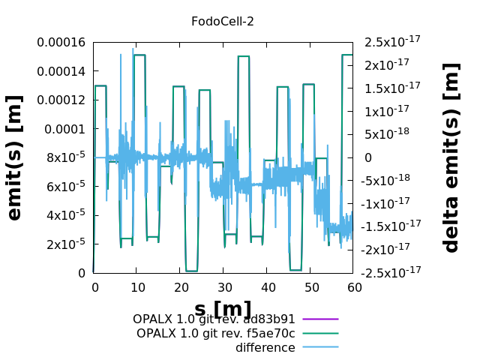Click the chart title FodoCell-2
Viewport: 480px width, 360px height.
click(x=223, y=22)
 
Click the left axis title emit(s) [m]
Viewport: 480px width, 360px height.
click(x=14, y=157)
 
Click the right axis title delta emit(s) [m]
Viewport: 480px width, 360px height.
click(x=451, y=157)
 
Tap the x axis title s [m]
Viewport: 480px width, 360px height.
click(x=223, y=308)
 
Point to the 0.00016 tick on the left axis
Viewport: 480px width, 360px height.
click(x=64, y=43)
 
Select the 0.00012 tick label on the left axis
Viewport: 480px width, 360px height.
click(x=64, y=100)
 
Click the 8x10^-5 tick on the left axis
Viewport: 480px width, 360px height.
click(x=64, y=157)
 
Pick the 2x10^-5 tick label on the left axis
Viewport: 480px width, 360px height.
click(x=64, y=244)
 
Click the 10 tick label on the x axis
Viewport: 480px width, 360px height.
click(x=137, y=287)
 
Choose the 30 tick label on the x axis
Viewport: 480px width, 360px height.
click(x=224, y=287)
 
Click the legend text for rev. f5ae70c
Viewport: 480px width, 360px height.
click(x=216, y=334)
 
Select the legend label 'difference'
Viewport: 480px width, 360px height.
click(x=265, y=348)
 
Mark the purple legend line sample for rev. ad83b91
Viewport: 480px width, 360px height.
click(x=320, y=319)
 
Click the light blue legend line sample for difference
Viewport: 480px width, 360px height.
click(x=320, y=348)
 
